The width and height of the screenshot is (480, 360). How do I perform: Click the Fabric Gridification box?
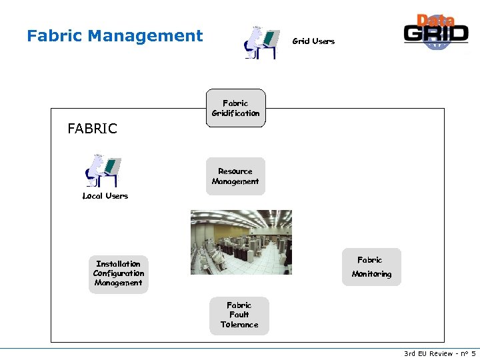235,108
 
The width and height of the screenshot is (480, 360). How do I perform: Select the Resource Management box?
235,176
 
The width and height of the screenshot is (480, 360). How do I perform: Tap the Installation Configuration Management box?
119,273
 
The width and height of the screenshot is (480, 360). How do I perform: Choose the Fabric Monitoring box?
371,267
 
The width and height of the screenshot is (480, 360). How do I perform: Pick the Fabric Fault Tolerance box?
239,315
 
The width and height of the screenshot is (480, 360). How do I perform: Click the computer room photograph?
241,242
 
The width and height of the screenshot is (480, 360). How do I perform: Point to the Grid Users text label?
313,41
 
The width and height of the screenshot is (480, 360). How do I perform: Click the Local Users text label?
105,196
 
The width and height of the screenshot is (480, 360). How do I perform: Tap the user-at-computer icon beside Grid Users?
261,43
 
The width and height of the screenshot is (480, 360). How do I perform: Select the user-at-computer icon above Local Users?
103,171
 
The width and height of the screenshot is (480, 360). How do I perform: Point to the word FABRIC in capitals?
92,129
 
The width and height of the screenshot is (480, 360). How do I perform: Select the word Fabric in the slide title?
55,36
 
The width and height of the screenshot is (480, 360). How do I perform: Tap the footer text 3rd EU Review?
428,353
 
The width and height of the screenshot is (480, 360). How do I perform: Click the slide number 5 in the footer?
473,353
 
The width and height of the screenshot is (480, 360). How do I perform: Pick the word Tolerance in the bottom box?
239,325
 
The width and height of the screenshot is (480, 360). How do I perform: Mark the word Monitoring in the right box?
371,274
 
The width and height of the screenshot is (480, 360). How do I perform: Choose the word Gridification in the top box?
235,113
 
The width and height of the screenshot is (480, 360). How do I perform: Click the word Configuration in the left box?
119,273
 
